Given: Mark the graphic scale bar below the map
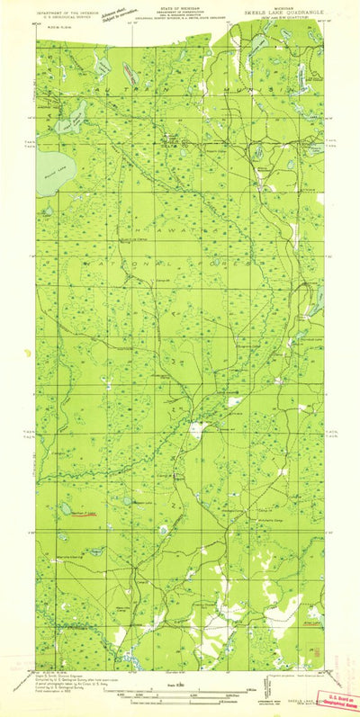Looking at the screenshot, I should [180, 695].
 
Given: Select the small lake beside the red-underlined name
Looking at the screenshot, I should [67, 507].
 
